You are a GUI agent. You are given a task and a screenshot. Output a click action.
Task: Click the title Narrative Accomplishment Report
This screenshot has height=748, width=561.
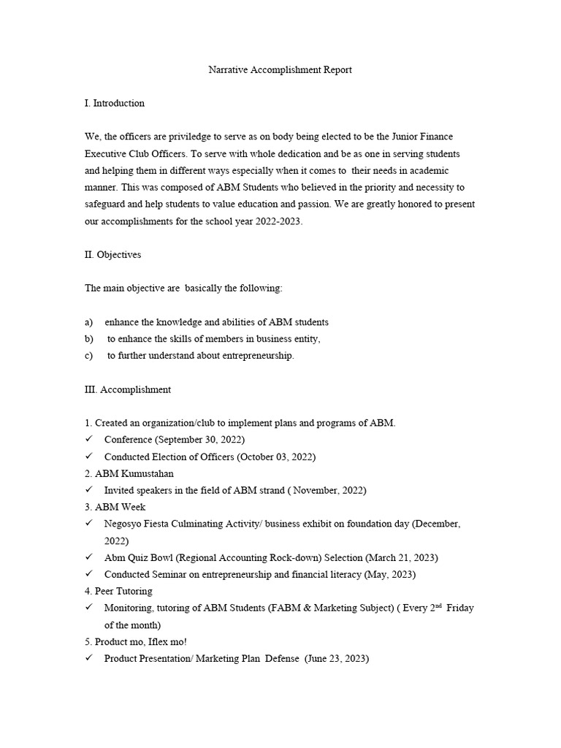click(x=280, y=70)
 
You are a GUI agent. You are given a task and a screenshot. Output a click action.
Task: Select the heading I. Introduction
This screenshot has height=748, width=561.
click(x=115, y=103)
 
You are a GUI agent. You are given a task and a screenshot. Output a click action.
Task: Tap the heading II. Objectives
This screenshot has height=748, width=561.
click(x=113, y=255)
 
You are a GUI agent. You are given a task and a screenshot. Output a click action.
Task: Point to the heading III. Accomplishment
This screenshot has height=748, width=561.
click(x=128, y=389)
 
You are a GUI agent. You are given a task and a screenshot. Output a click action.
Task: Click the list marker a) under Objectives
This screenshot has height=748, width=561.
click(x=89, y=322)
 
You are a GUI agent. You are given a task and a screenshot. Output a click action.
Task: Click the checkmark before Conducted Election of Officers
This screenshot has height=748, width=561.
click(x=88, y=457)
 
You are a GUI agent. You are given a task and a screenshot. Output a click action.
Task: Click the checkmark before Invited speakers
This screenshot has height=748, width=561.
click(x=88, y=490)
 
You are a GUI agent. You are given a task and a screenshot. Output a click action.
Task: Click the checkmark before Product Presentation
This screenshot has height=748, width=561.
click(x=88, y=659)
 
